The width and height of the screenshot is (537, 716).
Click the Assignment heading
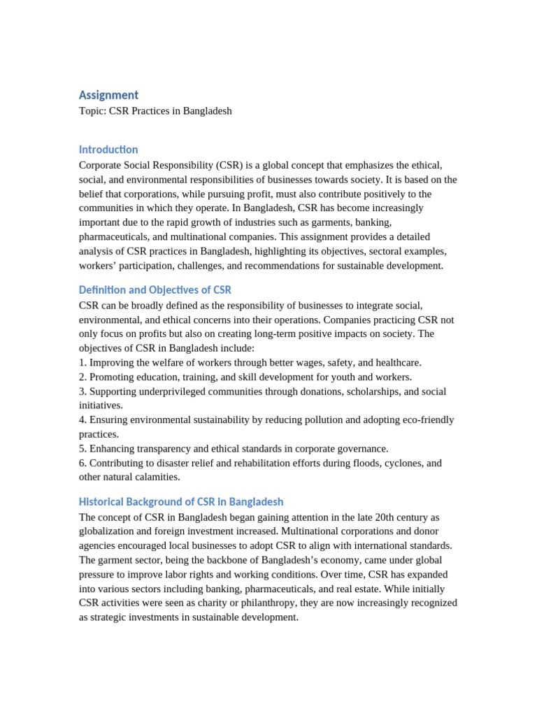point(108,95)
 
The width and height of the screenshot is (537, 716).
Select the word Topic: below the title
point(92,111)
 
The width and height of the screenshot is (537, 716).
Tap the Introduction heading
point(108,150)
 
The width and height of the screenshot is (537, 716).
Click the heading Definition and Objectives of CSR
point(155,289)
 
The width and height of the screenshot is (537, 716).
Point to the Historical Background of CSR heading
point(181,502)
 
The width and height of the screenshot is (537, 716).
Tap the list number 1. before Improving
point(83,363)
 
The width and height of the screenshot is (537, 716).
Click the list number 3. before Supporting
point(83,392)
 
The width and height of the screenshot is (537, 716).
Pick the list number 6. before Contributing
point(83,464)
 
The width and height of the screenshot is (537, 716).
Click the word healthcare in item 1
point(398,363)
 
